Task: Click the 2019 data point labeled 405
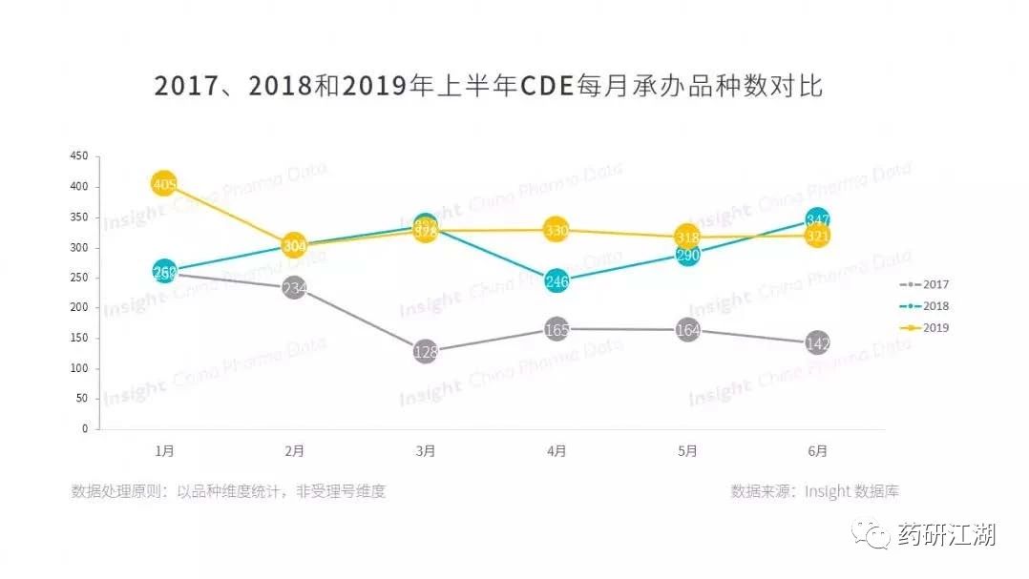164,184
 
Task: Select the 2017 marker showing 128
426,352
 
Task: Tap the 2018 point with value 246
557,281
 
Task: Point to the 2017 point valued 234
294,288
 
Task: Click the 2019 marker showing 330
557,230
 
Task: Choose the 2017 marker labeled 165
557,330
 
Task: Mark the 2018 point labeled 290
687,255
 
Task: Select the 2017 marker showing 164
687,330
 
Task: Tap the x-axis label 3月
426,450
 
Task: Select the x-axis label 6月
818,450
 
